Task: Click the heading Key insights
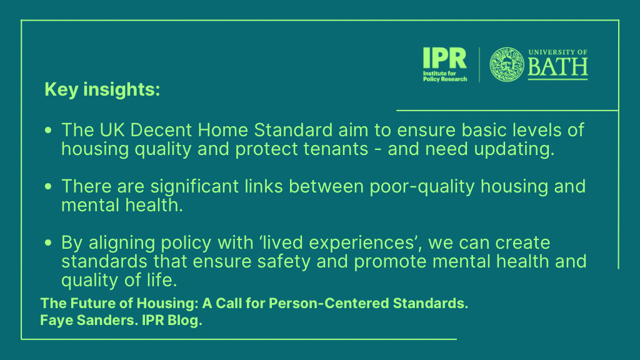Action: [x=102, y=89]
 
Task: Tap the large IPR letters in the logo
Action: [x=444, y=58]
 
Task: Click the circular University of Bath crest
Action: [x=506, y=64]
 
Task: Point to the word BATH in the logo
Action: [x=557, y=67]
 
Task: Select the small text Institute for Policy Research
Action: [x=445, y=76]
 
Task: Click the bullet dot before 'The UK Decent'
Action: [x=48, y=130]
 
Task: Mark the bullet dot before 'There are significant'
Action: [x=48, y=186]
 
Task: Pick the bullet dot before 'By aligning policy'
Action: [x=48, y=243]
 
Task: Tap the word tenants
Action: [x=336, y=149]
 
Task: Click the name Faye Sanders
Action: [x=87, y=321]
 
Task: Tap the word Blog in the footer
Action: [x=184, y=321]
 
